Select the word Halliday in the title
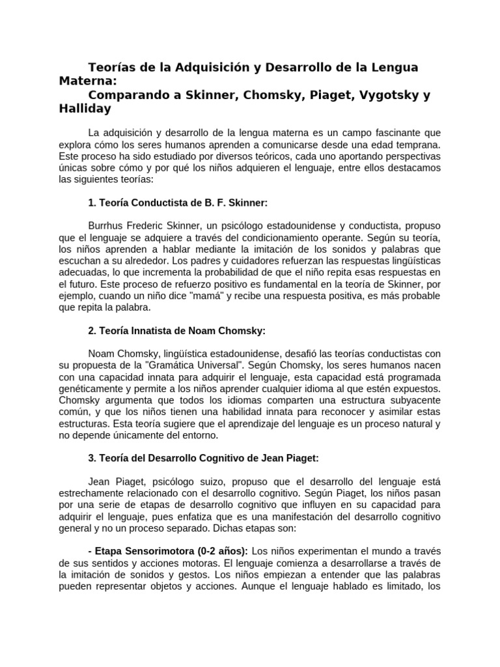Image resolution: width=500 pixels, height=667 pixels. pos(86,109)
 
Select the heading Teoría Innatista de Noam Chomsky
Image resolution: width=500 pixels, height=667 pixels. pos(177,331)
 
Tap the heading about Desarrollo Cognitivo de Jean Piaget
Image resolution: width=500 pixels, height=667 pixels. pos(202,458)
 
